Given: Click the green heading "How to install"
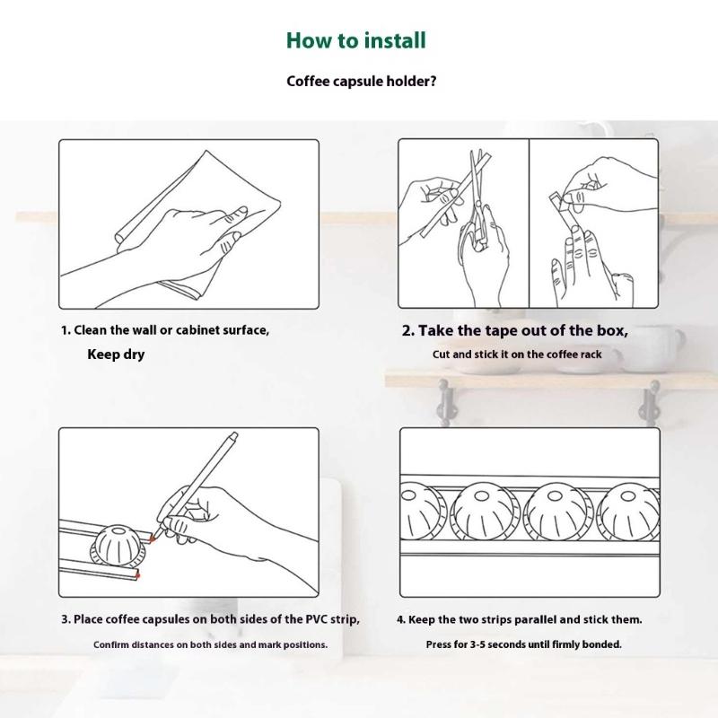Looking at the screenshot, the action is click(355, 40).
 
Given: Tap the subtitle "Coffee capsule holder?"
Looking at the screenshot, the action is click(362, 81).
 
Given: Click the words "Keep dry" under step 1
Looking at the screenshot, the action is click(116, 354).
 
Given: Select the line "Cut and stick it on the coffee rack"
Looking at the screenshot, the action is click(517, 354).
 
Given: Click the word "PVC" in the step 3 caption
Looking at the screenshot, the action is click(317, 619).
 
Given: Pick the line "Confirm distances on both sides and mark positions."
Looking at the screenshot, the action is click(210, 644).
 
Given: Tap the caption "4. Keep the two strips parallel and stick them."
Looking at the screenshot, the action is click(520, 619).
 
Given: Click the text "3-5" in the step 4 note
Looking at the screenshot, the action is click(478, 644).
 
